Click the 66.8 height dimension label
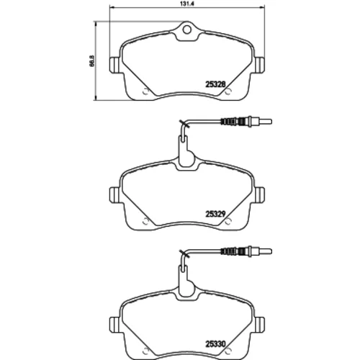(x=92, y=60)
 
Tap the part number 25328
(x=215, y=84)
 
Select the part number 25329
(x=215, y=214)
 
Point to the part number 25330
(x=215, y=344)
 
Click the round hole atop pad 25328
(x=186, y=30)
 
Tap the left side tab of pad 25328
(x=114, y=65)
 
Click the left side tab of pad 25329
(x=114, y=194)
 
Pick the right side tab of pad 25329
(x=260, y=194)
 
